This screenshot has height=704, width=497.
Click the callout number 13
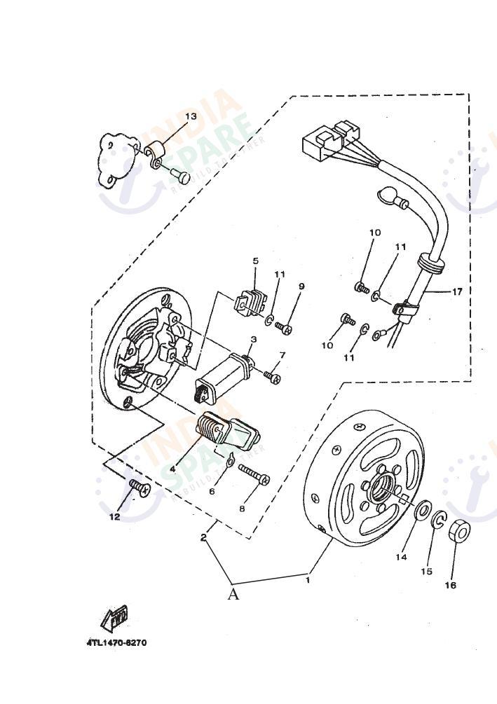(x=191, y=116)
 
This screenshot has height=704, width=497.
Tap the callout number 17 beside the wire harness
(x=456, y=291)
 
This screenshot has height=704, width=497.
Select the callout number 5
(x=255, y=261)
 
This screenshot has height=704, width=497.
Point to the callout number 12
(x=114, y=517)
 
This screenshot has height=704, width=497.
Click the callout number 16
(x=450, y=585)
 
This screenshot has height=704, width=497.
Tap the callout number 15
(x=426, y=572)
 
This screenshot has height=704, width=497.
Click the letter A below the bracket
(x=233, y=595)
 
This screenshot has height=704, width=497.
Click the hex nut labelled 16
(x=458, y=532)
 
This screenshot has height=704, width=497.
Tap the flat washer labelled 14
(x=422, y=511)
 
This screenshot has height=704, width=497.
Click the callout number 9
(x=301, y=287)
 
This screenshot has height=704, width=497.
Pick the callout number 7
(x=282, y=355)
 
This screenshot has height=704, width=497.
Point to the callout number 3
(x=253, y=339)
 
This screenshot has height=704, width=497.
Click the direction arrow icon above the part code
(x=114, y=618)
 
